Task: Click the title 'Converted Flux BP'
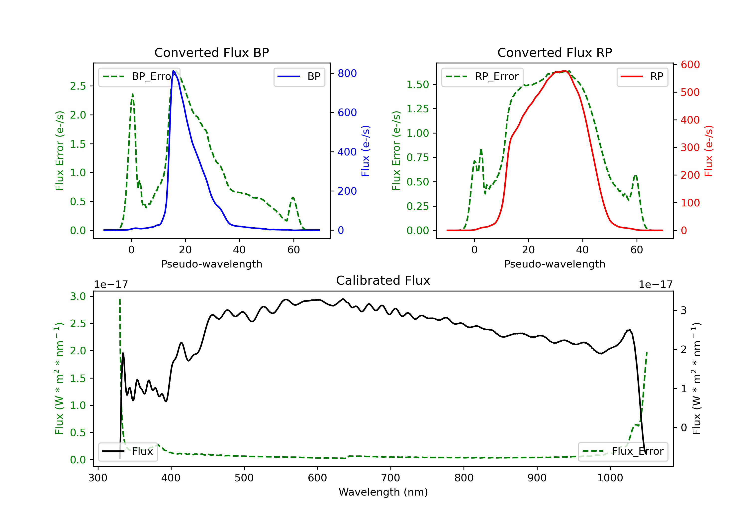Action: tap(211, 52)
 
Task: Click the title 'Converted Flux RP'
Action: tap(555, 52)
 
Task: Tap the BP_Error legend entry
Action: tap(139, 77)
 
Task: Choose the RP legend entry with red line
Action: tap(642, 77)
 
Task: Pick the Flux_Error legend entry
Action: tap(623, 451)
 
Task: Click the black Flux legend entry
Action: tap(128, 451)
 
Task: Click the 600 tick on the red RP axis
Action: tap(690, 65)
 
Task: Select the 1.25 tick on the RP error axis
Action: tap(418, 109)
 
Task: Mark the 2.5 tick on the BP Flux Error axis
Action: tap(78, 86)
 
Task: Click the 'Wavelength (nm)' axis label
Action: tap(383, 492)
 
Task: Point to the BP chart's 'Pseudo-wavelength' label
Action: tap(212, 264)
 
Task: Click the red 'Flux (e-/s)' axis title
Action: tap(709, 151)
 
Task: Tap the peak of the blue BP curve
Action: tap(174, 71)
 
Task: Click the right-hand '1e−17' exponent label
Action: tap(655, 285)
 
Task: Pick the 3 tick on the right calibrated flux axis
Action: tap(684, 310)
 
